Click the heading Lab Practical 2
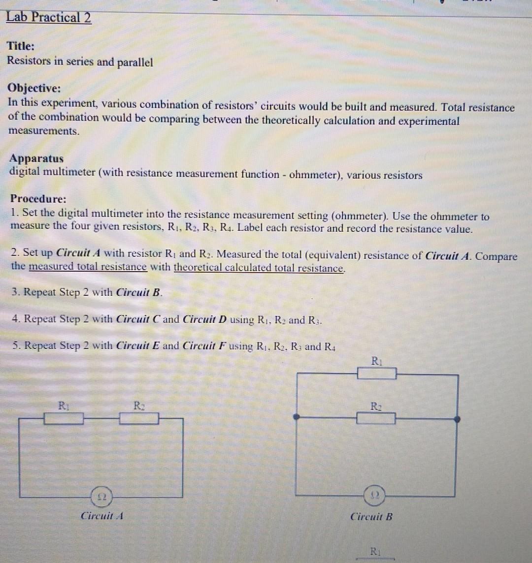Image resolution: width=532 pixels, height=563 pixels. pos(48,18)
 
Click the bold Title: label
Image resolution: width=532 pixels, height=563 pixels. pos(21,46)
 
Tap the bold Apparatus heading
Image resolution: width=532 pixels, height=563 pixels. pos(36,158)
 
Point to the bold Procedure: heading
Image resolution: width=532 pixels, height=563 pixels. pos(38,199)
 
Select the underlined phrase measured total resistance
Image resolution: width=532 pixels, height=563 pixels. pos(88,267)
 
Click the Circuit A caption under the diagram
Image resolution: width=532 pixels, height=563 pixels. pos(101,516)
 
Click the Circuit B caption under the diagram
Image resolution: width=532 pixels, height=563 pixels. pos(371,517)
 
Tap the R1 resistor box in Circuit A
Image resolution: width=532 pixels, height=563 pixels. pos(64,419)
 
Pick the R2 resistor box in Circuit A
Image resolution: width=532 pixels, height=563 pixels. pos(139,419)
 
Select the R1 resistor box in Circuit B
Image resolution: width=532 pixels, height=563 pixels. pos(376,374)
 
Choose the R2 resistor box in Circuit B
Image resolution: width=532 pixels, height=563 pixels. pos(376,419)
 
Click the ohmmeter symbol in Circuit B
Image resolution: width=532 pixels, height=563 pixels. pos(372,494)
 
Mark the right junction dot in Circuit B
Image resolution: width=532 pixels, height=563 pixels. pos(457,419)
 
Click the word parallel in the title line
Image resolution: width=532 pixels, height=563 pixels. pos(135,63)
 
